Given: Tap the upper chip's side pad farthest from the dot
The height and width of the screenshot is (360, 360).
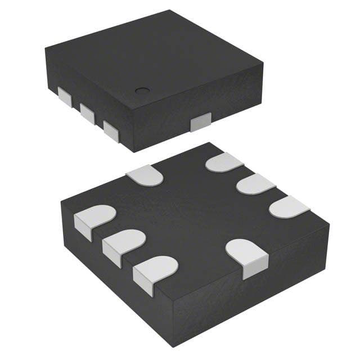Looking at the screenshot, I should (x=66, y=98).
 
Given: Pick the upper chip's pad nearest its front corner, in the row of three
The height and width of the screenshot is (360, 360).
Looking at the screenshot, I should (x=111, y=129).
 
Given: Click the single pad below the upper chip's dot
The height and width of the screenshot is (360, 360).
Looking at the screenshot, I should (x=200, y=121).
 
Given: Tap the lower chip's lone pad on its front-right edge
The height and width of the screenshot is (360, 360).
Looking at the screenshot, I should (x=248, y=256).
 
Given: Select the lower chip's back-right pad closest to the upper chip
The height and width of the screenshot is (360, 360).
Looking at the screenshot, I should (x=223, y=163).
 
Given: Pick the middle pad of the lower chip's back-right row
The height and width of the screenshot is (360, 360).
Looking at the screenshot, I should (x=255, y=184).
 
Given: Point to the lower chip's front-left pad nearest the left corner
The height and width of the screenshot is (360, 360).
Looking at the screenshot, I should (x=94, y=219).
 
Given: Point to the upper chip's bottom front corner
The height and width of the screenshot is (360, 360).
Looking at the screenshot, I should (x=133, y=151).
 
